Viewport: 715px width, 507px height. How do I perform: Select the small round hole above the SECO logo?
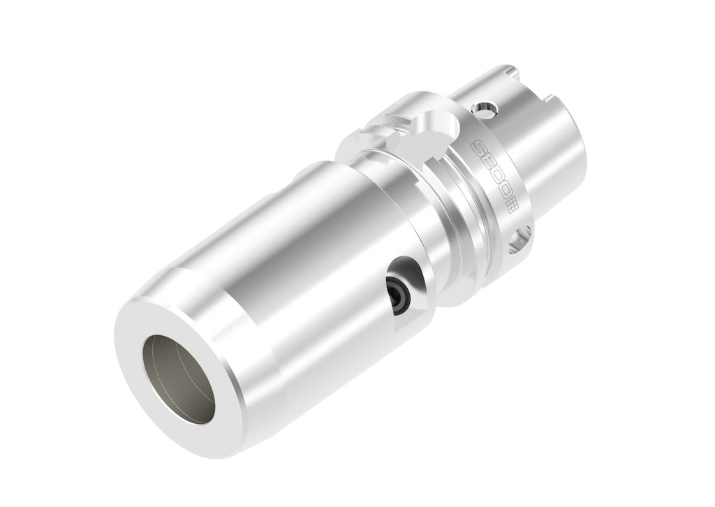(x=485, y=109)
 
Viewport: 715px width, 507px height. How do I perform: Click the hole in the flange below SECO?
(x=519, y=240)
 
